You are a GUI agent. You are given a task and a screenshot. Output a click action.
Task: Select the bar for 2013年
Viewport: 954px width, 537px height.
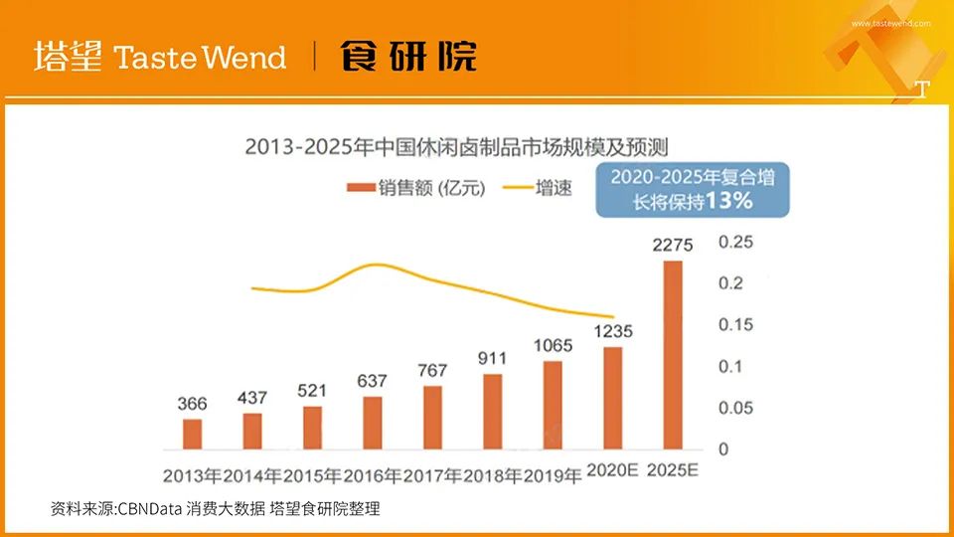[193, 434]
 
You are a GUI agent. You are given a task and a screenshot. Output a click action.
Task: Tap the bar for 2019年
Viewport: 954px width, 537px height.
[554, 405]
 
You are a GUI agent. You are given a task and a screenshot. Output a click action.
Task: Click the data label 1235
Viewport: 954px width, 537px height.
[613, 330]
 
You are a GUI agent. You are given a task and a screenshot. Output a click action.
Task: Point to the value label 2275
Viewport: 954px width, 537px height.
[673, 245]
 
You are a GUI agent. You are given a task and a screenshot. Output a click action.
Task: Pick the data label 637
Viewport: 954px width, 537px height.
[373, 381]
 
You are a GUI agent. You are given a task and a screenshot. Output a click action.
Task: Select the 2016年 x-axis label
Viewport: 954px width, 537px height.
[373, 474]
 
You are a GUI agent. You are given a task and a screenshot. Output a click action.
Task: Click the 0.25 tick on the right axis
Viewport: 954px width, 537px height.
[736, 242]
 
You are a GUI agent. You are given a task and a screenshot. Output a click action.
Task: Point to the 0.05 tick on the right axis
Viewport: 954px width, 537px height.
[736, 408]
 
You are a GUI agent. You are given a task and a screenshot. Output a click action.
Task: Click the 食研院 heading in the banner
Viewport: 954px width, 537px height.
[408, 57]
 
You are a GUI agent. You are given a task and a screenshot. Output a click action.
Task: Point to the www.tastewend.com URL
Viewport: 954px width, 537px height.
[890, 23]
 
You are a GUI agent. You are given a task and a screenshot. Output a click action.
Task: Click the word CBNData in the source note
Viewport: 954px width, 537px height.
[150, 509]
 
